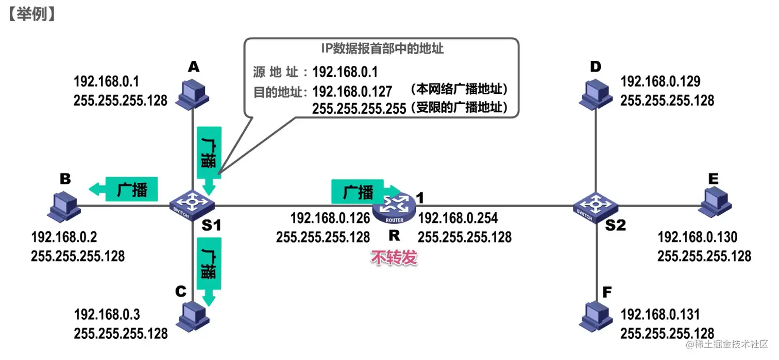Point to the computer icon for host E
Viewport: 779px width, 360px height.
(x=716, y=202)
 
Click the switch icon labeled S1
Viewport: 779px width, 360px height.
(x=192, y=205)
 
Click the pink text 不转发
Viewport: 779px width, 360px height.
(x=394, y=258)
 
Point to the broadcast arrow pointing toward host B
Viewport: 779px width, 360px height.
(x=123, y=190)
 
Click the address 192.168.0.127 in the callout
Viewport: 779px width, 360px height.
(x=352, y=91)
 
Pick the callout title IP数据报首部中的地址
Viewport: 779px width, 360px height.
(x=382, y=49)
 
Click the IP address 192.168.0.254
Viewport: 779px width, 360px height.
(x=458, y=218)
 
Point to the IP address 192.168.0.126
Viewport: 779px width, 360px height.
(x=330, y=218)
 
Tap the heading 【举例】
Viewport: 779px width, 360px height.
(x=31, y=14)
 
